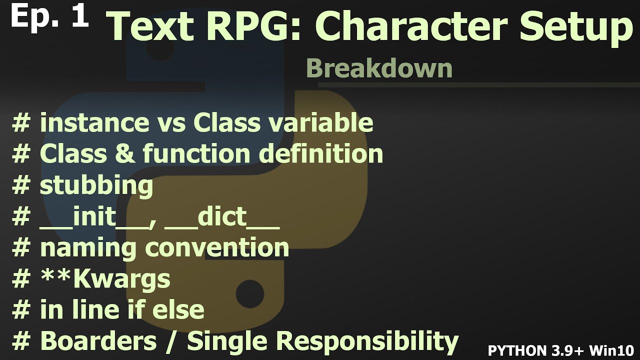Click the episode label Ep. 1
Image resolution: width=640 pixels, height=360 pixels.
coord(49,16)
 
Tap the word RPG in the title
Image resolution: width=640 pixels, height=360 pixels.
coord(252,27)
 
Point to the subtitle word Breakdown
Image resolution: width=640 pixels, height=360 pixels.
coord(379,68)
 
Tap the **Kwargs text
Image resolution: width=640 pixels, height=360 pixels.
coord(105,279)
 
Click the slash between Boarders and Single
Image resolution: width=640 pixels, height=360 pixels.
coord(171,341)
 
